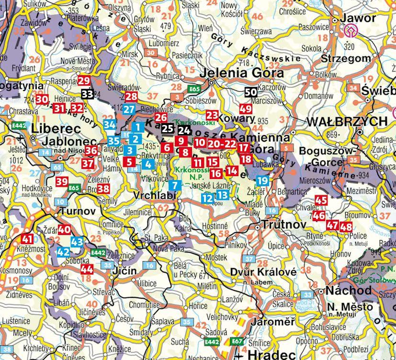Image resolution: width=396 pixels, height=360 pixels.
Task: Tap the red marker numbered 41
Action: (x=27, y=239)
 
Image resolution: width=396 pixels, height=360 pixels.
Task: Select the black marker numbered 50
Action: (x=250, y=93)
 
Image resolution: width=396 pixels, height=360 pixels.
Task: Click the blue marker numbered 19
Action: (x=262, y=180)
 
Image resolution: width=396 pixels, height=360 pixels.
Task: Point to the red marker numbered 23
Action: (x=212, y=115)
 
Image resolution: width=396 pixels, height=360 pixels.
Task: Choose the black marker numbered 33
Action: (x=87, y=94)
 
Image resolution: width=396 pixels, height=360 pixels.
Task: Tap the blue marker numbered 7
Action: (x=175, y=185)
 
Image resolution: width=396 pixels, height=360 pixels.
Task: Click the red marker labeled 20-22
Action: (x=223, y=143)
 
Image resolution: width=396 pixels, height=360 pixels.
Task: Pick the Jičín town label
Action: (x=124, y=271)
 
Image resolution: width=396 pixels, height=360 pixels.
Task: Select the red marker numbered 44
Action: (x=87, y=269)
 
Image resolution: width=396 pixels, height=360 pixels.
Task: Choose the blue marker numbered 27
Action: (x=129, y=109)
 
